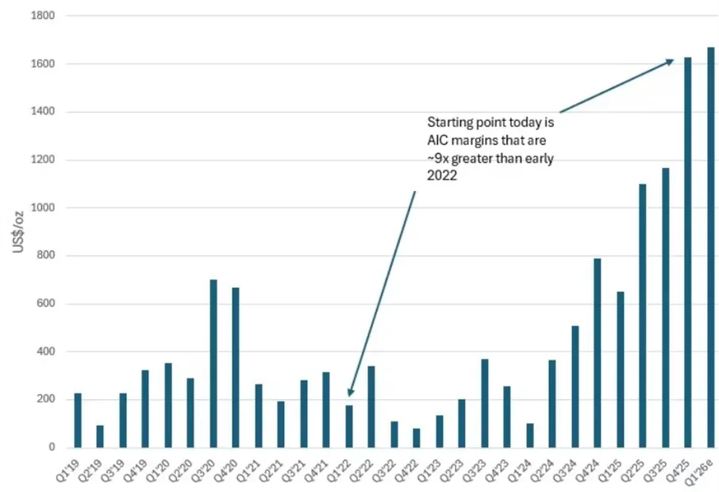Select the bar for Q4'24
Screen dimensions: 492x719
tap(598, 353)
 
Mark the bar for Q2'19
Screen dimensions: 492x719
tap(100, 436)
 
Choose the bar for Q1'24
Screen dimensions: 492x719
tap(530, 435)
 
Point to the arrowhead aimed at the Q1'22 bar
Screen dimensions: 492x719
tap(350, 391)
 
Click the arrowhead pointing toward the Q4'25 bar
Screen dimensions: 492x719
tap(671, 60)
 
